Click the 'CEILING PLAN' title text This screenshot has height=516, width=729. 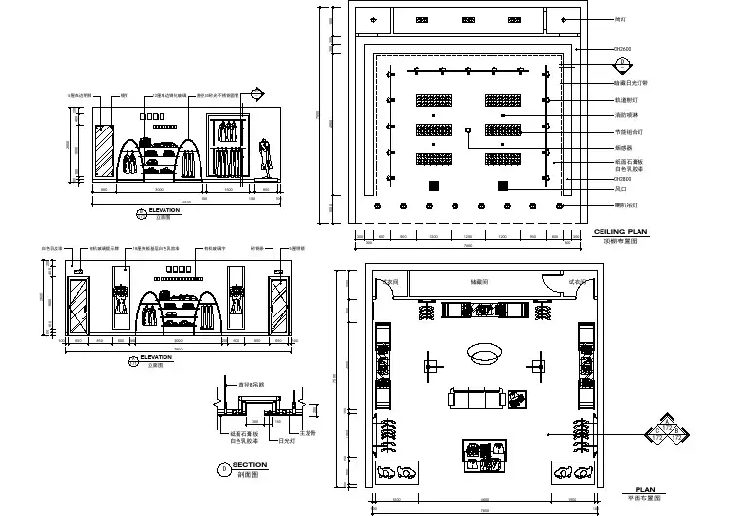(x=621, y=230)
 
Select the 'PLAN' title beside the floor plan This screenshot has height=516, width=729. (x=644, y=490)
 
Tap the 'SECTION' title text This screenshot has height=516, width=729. (x=250, y=465)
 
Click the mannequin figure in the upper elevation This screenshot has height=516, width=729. (x=264, y=158)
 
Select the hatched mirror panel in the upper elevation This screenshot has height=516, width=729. (x=104, y=152)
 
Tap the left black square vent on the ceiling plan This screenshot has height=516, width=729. (x=436, y=185)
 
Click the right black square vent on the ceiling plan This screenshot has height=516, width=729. (x=503, y=185)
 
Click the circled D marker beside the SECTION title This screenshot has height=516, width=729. (x=226, y=468)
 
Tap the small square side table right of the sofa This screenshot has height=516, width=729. (x=517, y=398)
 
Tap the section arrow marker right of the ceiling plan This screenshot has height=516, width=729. (x=620, y=66)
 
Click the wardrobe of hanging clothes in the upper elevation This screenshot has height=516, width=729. (x=227, y=147)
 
